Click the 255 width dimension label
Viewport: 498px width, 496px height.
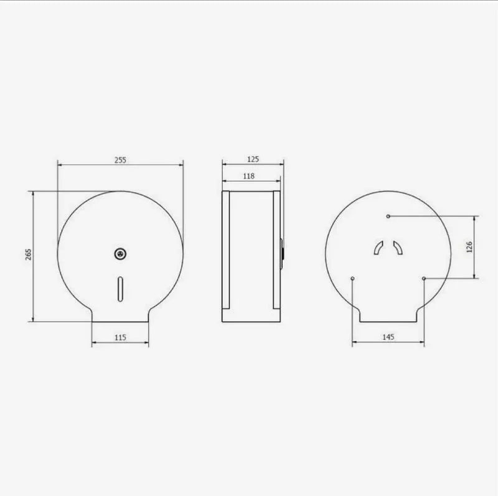click(x=120, y=160)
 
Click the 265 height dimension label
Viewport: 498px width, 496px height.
click(x=28, y=255)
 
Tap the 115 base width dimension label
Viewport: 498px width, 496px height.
click(x=120, y=337)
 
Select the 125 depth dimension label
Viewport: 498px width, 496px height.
click(x=253, y=159)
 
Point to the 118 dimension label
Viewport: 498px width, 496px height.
click(x=248, y=175)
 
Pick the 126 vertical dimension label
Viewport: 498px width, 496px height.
click(x=469, y=246)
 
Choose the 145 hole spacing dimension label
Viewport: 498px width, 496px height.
click(x=388, y=337)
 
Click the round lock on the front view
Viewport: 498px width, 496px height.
click(x=120, y=253)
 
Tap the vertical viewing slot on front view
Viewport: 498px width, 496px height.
click(x=120, y=289)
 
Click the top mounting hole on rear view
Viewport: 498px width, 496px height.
click(x=388, y=216)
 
